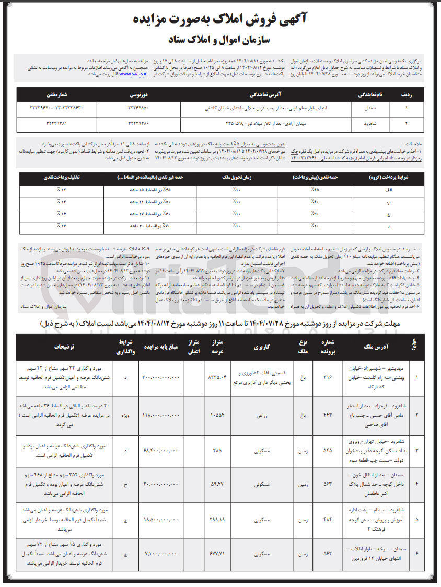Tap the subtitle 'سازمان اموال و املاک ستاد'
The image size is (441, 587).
(220, 39)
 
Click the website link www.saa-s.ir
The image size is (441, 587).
(133, 74)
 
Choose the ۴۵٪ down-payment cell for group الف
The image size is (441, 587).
(315, 190)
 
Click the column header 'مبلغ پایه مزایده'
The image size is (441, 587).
(160, 346)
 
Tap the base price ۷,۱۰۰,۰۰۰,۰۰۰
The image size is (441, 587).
(160, 555)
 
